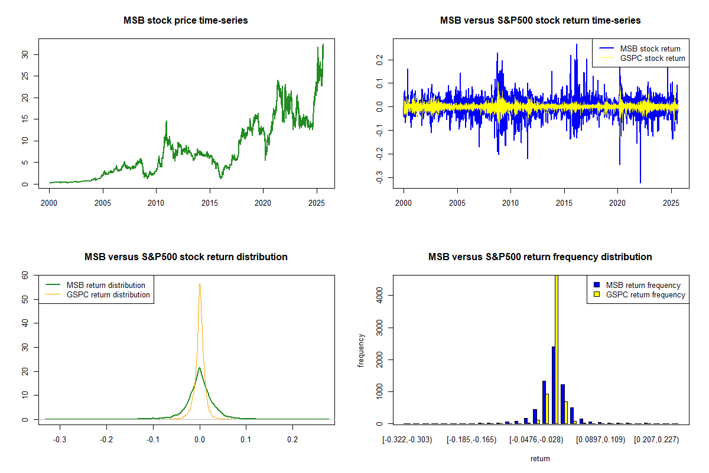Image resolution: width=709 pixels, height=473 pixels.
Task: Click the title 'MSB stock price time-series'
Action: [186, 20]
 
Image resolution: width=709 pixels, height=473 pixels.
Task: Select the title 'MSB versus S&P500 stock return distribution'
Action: [186, 257]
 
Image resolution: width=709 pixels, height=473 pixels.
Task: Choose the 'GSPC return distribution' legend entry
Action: [108, 294]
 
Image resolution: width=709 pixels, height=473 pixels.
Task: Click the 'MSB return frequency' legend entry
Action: [643, 285]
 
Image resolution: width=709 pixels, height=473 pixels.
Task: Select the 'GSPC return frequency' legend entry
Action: [645, 294]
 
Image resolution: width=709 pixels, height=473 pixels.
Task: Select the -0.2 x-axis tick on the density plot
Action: [106, 440]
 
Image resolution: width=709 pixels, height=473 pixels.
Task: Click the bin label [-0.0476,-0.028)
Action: [536, 440]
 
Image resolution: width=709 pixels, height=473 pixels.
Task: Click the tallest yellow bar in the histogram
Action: [556, 349]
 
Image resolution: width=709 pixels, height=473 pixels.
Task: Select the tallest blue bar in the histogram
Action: [553, 385]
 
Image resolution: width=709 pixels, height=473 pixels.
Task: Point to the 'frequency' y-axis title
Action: [361, 351]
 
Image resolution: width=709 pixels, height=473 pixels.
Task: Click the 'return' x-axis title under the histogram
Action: [540, 458]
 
